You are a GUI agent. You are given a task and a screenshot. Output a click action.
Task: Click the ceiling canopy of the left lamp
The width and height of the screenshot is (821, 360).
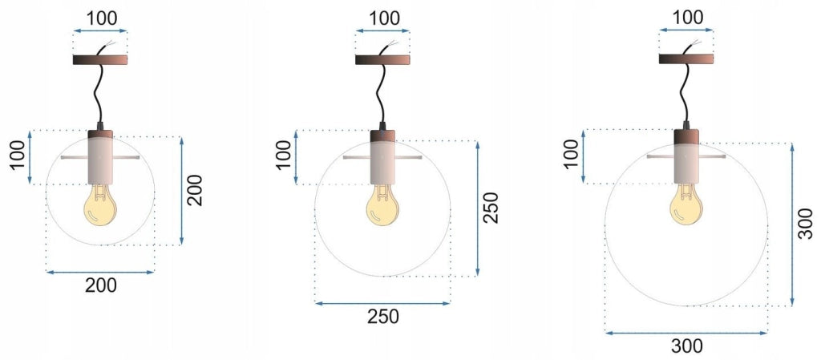click(100, 59)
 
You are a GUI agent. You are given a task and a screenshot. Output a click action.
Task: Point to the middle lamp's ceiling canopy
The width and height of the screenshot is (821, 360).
click(382, 59)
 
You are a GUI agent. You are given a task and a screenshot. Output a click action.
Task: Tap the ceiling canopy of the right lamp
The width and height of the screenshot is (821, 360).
click(686, 59)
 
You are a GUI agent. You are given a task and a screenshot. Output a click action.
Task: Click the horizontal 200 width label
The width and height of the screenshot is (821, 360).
click(101, 285)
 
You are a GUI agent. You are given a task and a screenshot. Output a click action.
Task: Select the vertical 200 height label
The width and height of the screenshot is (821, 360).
click(195, 191)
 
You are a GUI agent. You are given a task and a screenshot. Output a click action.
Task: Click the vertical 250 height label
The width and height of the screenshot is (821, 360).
click(491, 208)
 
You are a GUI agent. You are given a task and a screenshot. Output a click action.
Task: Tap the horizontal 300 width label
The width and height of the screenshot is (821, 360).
click(686, 346)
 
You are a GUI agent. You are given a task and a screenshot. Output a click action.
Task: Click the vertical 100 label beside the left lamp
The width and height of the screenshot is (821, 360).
click(18, 156)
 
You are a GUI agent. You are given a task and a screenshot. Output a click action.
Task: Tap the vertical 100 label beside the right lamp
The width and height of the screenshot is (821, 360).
click(571, 156)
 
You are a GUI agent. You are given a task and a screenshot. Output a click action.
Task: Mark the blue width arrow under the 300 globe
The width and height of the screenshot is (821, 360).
click(686, 332)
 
